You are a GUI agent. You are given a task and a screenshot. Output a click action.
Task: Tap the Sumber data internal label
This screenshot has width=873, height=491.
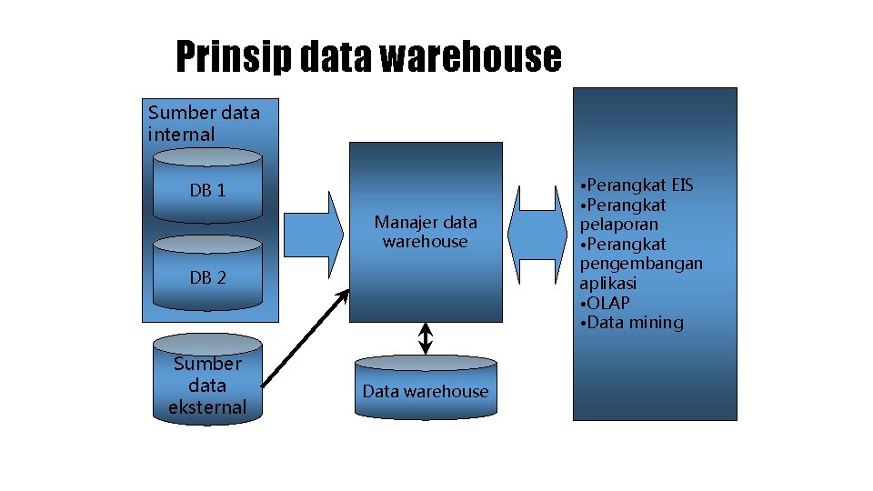click(x=203, y=124)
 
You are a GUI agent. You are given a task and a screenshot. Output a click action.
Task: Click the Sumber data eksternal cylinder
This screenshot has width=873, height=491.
click(x=208, y=382)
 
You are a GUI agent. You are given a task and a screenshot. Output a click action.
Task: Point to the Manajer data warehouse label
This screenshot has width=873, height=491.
click(x=426, y=232)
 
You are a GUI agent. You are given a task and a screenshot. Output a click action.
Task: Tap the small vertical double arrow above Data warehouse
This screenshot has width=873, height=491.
click(x=426, y=338)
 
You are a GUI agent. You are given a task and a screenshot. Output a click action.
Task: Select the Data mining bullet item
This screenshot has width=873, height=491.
click(x=633, y=323)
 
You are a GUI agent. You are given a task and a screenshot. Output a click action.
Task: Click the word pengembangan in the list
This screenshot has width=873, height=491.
click(x=641, y=264)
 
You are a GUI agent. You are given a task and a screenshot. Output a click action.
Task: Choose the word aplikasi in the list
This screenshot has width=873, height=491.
click(x=608, y=284)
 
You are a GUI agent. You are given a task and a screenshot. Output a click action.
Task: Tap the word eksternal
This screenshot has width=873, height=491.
click(x=207, y=406)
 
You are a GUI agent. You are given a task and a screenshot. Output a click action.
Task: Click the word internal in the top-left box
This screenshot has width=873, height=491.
click(x=182, y=135)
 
